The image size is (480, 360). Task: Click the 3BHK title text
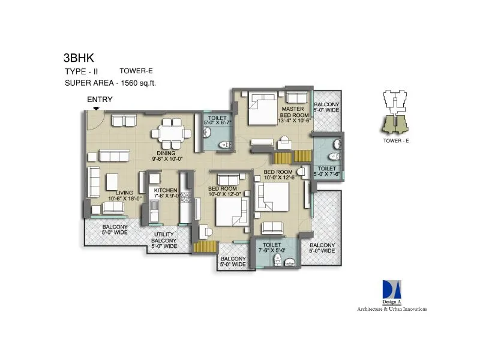tap(79, 59)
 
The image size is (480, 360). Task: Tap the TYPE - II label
tap(82, 71)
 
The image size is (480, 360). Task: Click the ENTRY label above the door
tap(100, 100)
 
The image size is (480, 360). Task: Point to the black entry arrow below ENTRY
tap(97, 108)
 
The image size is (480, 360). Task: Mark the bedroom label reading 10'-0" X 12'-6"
tap(278, 175)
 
